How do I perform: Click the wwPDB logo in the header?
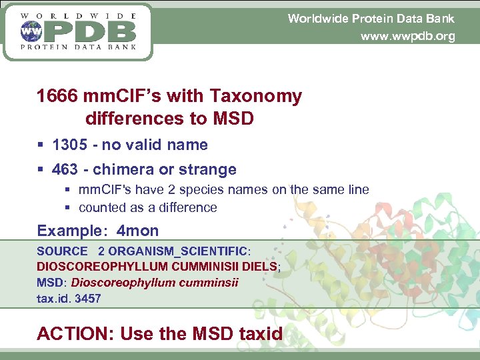click(78, 31)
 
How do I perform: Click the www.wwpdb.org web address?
click(407, 36)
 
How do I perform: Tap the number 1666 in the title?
click(57, 97)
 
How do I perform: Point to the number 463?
click(65, 169)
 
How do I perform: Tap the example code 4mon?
click(137, 231)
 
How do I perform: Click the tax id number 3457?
click(88, 298)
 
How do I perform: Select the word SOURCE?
click(62, 251)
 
